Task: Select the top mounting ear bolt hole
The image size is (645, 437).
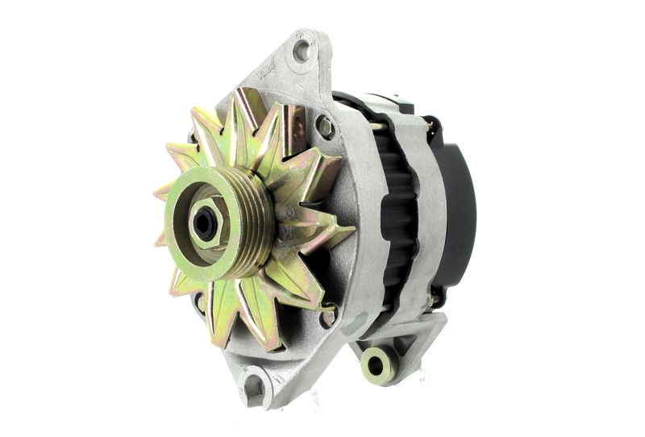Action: click(302, 52)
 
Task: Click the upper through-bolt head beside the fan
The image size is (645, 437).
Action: click(325, 127)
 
